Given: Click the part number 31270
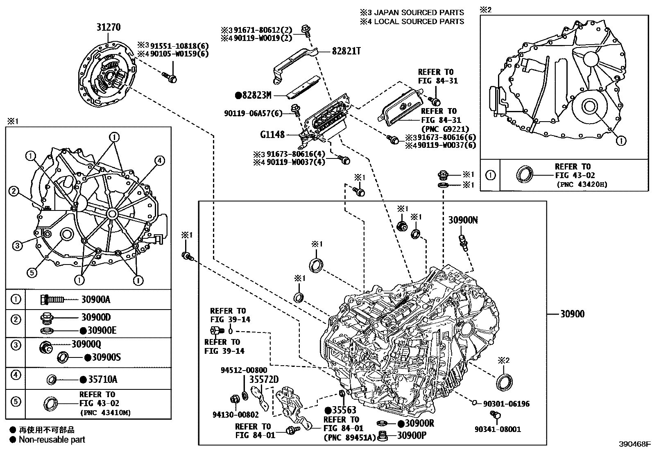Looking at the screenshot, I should point(109,27).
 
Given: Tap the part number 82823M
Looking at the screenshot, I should point(256,95).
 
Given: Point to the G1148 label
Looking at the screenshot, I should point(273,134).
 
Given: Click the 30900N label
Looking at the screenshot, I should point(463,220).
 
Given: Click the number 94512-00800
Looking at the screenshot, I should point(244,370).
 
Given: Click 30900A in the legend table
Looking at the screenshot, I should point(95,299).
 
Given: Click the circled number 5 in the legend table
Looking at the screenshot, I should point(15,402).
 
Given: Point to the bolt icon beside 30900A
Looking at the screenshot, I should point(52,300).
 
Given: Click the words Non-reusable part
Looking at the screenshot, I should point(52,440).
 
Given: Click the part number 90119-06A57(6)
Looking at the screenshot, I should point(253,113).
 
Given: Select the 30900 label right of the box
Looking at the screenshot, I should point(572,314).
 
